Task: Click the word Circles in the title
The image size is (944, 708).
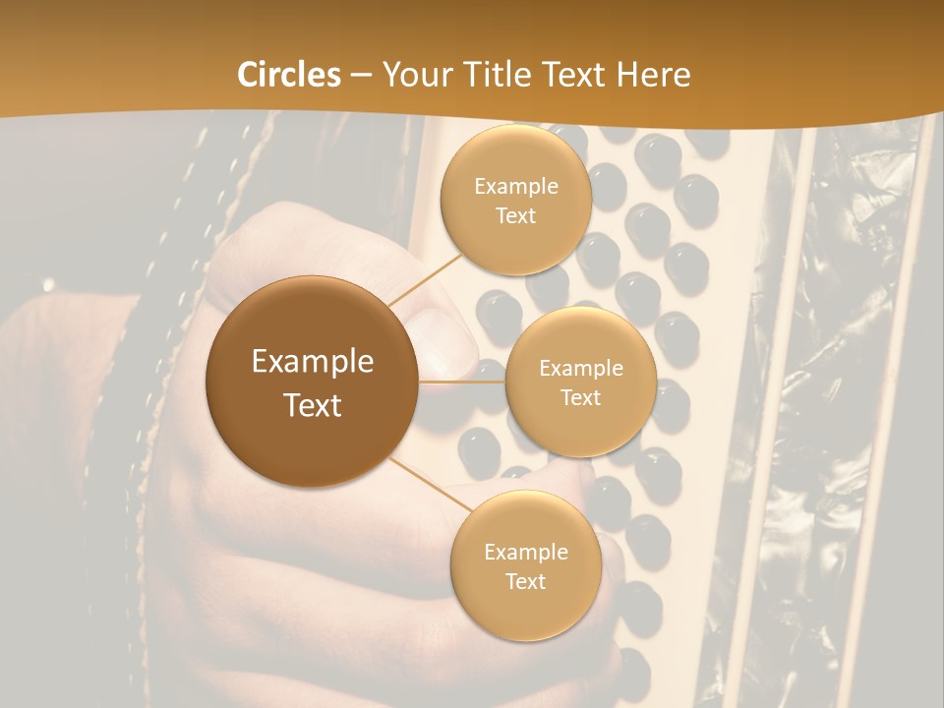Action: (289, 75)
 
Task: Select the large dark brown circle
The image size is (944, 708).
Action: (313, 381)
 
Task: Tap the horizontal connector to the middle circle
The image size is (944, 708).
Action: (462, 381)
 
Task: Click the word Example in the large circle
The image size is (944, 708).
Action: (313, 362)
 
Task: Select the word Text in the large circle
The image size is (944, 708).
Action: (313, 404)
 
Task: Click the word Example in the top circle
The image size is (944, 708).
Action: (515, 187)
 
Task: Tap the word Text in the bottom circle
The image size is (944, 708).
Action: (525, 581)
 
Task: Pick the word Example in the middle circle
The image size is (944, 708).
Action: (580, 369)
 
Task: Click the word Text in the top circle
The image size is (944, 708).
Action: (515, 215)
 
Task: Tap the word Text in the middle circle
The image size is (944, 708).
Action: (580, 397)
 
